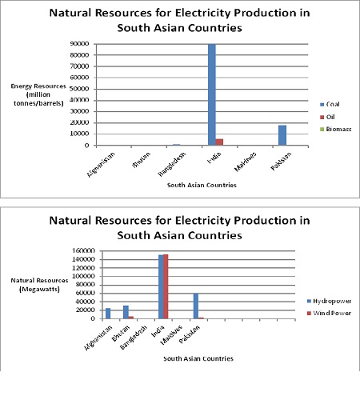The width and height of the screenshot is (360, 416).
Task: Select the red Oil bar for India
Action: [220, 142]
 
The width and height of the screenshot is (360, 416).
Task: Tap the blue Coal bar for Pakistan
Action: [282, 135]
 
